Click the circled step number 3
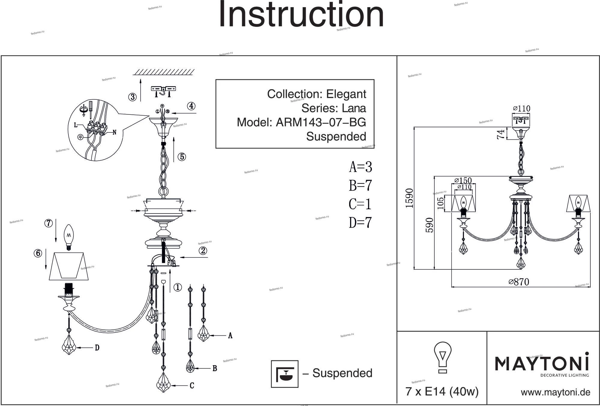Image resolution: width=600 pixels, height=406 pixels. coord(132,97)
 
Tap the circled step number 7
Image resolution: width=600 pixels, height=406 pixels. coord(49,223)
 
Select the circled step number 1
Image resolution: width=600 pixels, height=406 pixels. coord(178,287)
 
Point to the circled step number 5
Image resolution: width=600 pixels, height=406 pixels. coord(181,157)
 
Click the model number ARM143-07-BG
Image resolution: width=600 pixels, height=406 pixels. coord(321,122)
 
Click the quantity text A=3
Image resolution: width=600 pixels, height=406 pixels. coord(360,167)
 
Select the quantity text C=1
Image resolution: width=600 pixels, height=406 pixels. coord(360,205)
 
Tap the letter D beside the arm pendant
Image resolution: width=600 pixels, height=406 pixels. coord(97,348)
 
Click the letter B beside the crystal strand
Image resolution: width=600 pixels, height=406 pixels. coord(215,368)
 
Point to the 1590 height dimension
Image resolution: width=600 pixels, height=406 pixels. coord(409,198)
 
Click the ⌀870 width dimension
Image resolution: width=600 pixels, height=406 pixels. coord(519,282)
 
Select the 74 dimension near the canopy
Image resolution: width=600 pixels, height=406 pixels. coord(501,134)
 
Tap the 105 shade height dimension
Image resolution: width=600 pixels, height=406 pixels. coord(440,203)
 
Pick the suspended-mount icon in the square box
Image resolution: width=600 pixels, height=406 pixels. coord(284,374)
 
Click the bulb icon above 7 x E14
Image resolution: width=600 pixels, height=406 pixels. coord(442,357)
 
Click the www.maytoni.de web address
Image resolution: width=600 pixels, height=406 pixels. coord(555,392)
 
